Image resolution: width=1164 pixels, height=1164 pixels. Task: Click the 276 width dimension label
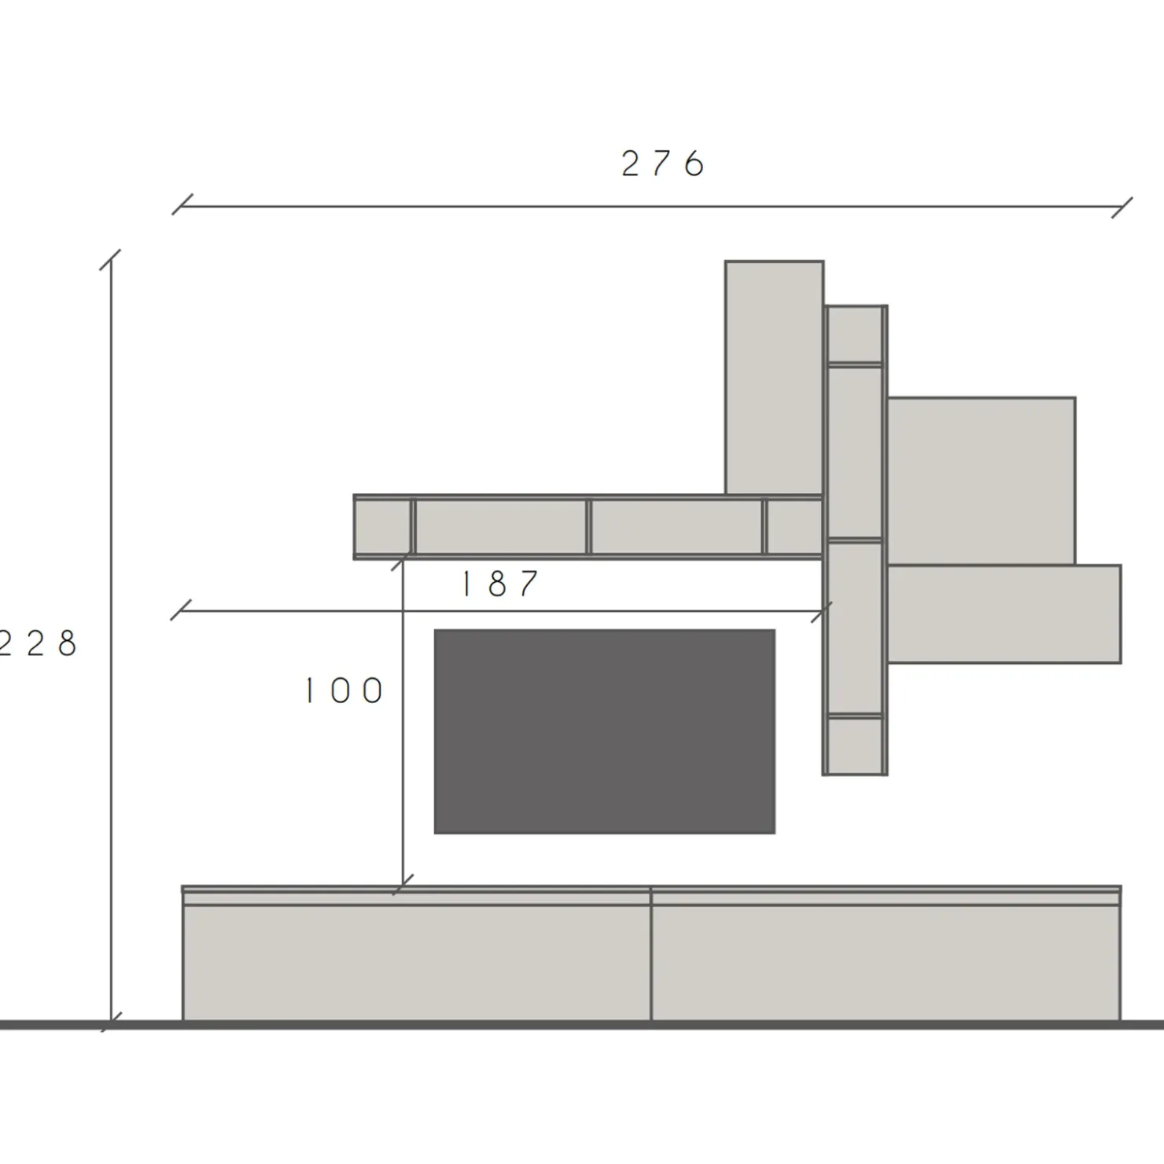pos(662,164)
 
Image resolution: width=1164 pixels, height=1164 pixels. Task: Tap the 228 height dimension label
pos(38,643)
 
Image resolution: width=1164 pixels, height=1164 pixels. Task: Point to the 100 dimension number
pos(344,691)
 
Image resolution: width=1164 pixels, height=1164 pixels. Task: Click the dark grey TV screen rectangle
pos(604,731)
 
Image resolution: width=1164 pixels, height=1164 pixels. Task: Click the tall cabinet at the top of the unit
pos(775,378)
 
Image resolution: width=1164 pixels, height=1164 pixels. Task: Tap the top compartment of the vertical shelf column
pos(854,334)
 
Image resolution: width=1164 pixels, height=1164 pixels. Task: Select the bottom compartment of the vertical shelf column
pos(854,745)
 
